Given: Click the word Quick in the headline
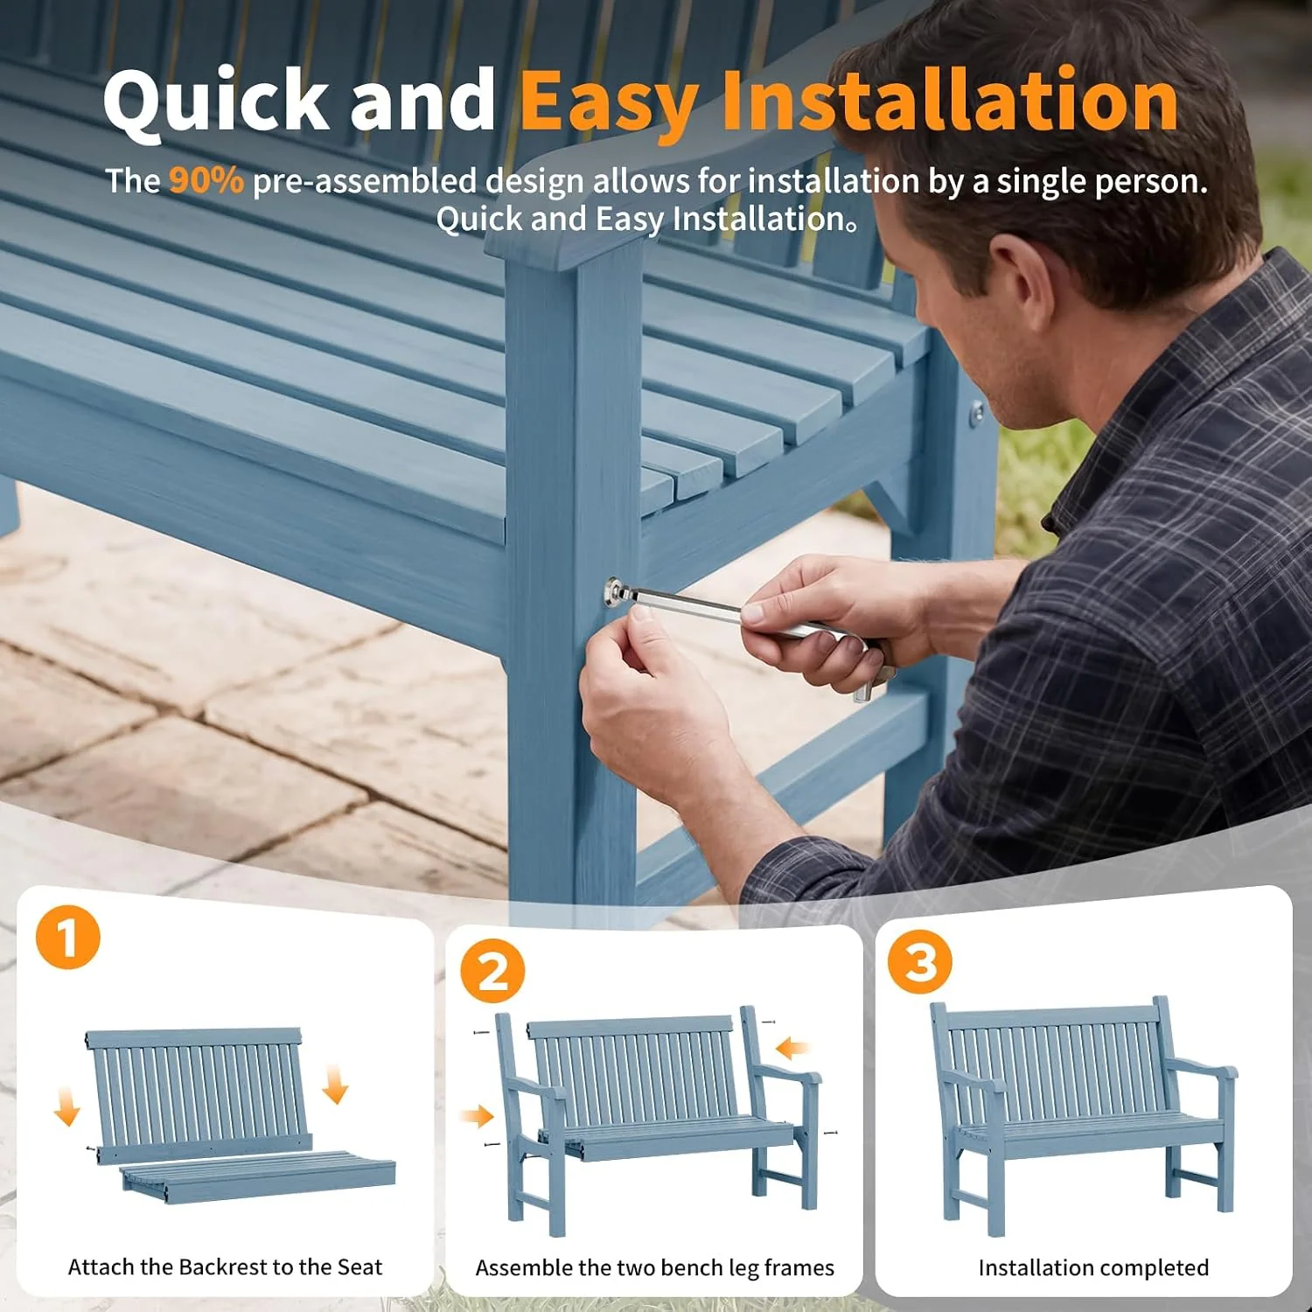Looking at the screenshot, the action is click(216, 103).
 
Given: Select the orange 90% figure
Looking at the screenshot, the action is click(206, 180).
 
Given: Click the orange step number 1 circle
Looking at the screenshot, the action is click(68, 937).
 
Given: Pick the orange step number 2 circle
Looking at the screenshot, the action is click(493, 971).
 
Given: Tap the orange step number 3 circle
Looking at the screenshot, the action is click(920, 961).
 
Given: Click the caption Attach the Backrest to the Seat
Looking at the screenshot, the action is click(226, 1267).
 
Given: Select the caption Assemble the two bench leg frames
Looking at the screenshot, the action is click(654, 1267).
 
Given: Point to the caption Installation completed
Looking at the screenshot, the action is click(1093, 1267).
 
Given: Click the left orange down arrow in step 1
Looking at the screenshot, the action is click(66, 1105).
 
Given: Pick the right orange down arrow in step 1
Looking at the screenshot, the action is click(335, 1084).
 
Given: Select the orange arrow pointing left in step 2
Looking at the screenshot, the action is click(792, 1047).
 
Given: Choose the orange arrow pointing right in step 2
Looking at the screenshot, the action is click(478, 1115).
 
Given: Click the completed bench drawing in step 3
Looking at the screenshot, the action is click(1085, 1115).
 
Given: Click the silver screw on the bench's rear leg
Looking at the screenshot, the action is click(977, 413).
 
